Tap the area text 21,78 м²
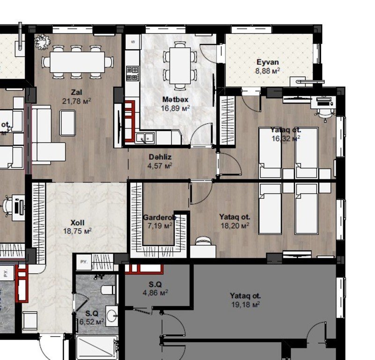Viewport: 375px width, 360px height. click(x=76, y=100)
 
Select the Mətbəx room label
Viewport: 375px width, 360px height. click(x=176, y=99)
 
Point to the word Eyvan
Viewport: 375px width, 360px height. click(x=268, y=62)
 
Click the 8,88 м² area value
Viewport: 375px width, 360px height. click(x=267, y=71)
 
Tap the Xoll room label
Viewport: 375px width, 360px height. click(x=77, y=222)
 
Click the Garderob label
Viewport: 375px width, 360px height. click(x=159, y=217)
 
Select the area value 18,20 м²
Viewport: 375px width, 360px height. click(x=235, y=225)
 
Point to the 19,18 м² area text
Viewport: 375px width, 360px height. click(x=245, y=304)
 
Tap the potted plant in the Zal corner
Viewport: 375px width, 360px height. click(x=43, y=43)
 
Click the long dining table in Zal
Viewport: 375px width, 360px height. click(x=77, y=61)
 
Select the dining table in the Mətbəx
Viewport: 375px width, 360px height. click(x=180, y=66)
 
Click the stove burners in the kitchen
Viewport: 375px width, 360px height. click(x=132, y=72)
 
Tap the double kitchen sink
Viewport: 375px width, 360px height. click(x=145, y=138)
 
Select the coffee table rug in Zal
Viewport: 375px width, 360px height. click(x=67, y=122)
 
